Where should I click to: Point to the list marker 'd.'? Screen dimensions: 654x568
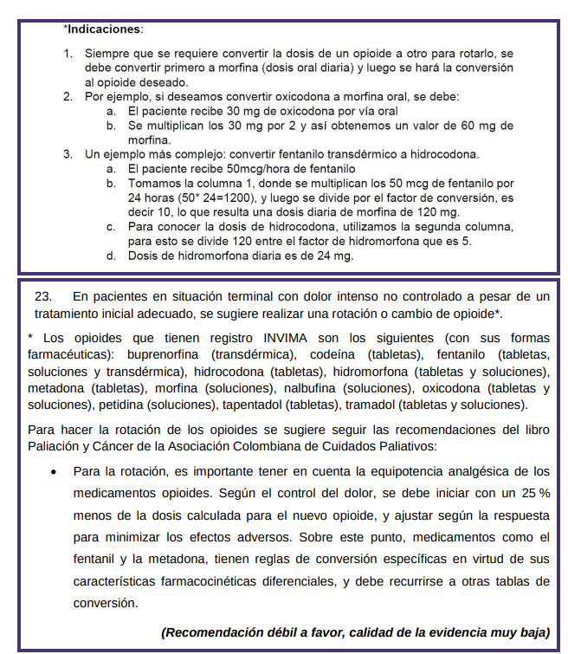coord(112,256)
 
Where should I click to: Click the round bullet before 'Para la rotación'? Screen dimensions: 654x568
coord(55,473)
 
